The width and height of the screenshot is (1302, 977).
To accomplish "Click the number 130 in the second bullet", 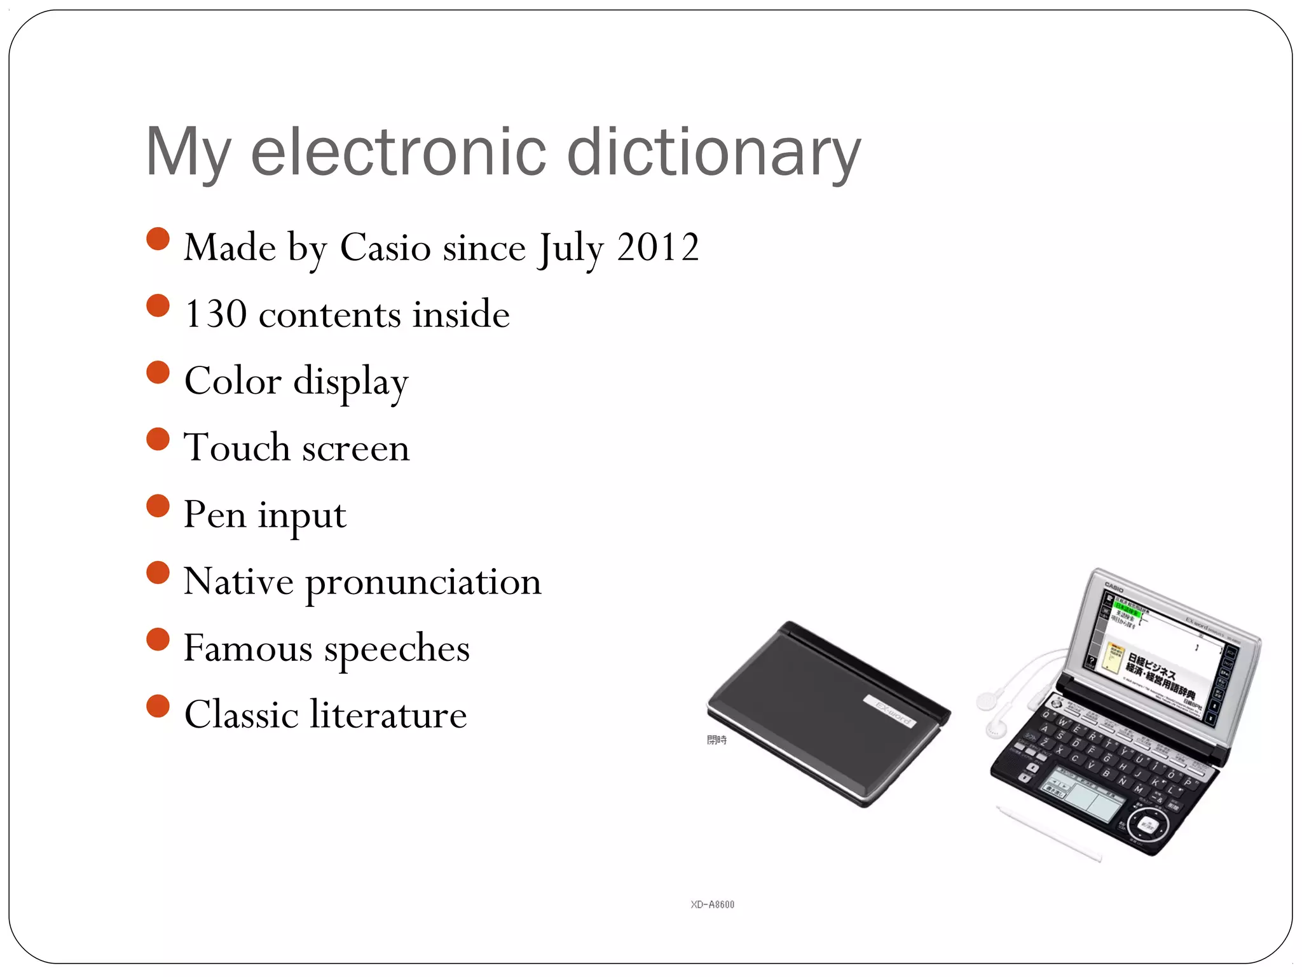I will (x=216, y=314).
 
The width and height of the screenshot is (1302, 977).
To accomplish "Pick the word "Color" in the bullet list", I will (x=233, y=381).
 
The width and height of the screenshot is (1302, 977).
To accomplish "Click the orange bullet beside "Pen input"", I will (x=158, y=506).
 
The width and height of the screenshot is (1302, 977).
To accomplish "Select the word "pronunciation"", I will (x=423, y=582).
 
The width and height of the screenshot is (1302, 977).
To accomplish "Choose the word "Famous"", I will (x=248, y=648).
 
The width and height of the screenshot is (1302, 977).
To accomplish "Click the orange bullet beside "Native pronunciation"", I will (x=158, y=572).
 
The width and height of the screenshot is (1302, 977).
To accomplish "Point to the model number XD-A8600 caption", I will (x=712, y=904).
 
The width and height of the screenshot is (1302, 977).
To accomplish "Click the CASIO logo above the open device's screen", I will (x=1114, y=586).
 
